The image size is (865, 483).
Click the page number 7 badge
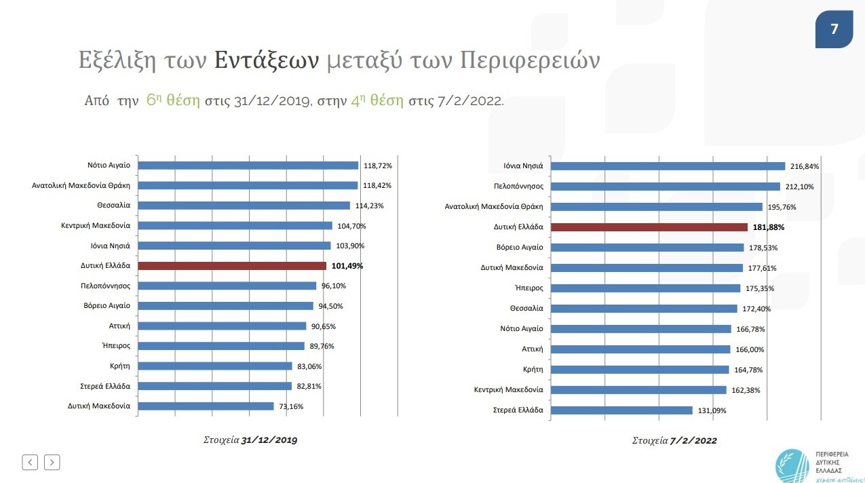click(834, 29)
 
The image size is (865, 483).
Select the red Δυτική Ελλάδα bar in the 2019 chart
click(232, 266)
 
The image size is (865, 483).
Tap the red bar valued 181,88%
click(649, 227)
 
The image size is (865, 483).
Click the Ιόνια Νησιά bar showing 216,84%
click(668, 166)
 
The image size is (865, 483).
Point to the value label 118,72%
click(377, 165)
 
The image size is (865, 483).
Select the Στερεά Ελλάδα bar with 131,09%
click(621, 410)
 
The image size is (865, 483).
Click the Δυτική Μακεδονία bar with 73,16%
click(206, 406)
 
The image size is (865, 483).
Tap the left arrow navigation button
click(30, 462)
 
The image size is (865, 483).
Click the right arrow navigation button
click(52, 462)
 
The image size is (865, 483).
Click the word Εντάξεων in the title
click(267, 61)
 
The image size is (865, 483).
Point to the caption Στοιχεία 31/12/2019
click(250, 440)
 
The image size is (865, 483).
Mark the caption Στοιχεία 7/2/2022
click(674, 440)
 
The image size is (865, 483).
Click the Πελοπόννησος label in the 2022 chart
click(518, 186)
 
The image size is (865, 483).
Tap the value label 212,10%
click(799, 187)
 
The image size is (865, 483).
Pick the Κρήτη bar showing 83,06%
click(215, 366)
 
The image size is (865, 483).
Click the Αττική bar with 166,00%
click(640, 349)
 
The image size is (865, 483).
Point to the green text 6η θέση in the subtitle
click(173, 101)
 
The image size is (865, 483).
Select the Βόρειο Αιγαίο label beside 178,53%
click(519, 247)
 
